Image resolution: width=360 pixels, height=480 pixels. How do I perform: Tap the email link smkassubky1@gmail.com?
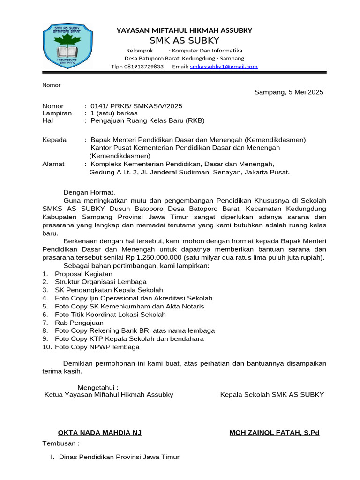click(224, 67)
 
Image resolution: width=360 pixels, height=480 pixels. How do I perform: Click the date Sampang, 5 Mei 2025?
click(289, 92)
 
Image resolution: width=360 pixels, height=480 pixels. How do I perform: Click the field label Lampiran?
click(57, 113)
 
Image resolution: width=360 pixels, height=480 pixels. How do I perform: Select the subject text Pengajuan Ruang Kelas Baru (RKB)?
click(147, 120)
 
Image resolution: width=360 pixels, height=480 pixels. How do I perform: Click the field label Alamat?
click(53, 164)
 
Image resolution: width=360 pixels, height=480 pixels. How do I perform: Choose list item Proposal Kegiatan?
click(83, 274)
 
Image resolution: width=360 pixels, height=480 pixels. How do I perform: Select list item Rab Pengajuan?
click(79, 322)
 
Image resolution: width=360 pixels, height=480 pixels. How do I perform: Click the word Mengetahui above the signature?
click(97, 387)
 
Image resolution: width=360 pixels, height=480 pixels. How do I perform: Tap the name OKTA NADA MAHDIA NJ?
click(99, 432)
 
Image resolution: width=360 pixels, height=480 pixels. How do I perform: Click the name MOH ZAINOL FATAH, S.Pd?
click(274, 432)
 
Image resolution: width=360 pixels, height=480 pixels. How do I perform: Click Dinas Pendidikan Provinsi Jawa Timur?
click(119, 457)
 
